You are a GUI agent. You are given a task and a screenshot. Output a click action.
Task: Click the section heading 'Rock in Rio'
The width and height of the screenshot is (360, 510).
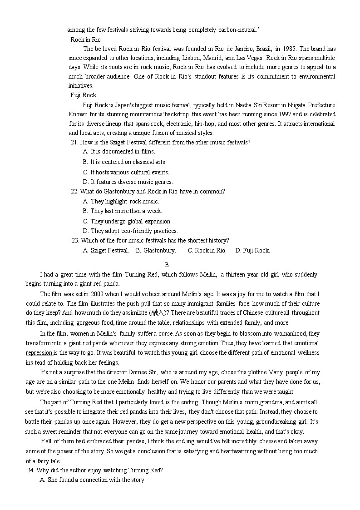click(x=85, y=40)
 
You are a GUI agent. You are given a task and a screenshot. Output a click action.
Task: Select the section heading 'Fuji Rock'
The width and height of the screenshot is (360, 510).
click(x=83, y=95)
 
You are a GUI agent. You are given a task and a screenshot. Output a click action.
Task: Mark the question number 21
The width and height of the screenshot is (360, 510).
click(x=75, y=142)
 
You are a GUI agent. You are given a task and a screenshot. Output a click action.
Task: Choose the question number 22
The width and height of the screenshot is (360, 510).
click(x=75, y=191)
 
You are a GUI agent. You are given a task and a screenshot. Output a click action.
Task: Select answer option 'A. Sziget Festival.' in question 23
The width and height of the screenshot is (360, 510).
click(x=106, y=250)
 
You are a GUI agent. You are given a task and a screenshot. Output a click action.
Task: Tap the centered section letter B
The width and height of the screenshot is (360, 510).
click(x=167, y=265)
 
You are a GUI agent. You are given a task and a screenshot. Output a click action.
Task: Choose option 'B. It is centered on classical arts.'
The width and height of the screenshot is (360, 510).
click(x=124, y=162)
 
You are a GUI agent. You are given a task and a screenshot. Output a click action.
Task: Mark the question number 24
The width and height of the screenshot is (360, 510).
click(x=30, y=470)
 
